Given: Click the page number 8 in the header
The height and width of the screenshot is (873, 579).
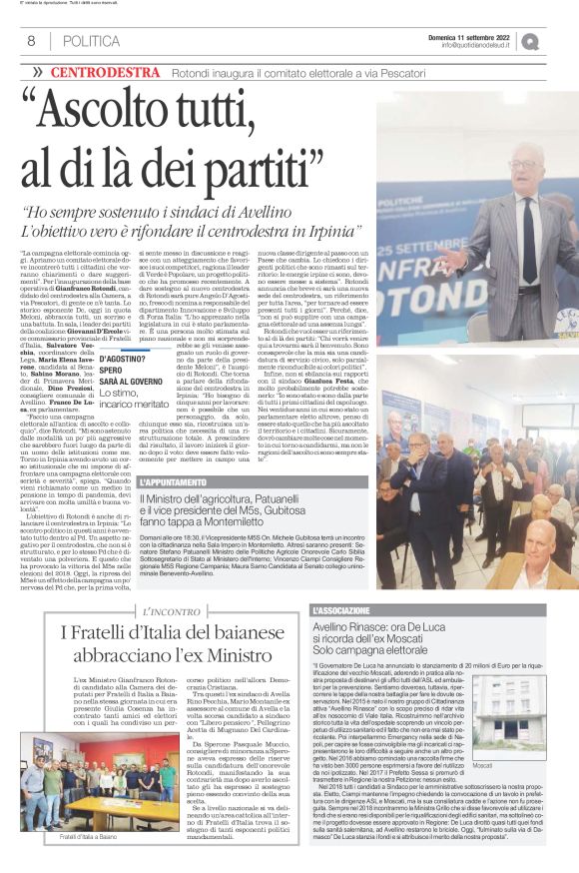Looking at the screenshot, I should tap(31, 41).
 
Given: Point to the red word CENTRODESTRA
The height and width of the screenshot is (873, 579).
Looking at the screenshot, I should tap(119, 72).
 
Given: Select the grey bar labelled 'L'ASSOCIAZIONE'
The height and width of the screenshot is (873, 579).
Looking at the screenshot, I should tap(428, 610).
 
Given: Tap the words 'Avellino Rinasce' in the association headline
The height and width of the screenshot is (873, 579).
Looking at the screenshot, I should tap(350, 627).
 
